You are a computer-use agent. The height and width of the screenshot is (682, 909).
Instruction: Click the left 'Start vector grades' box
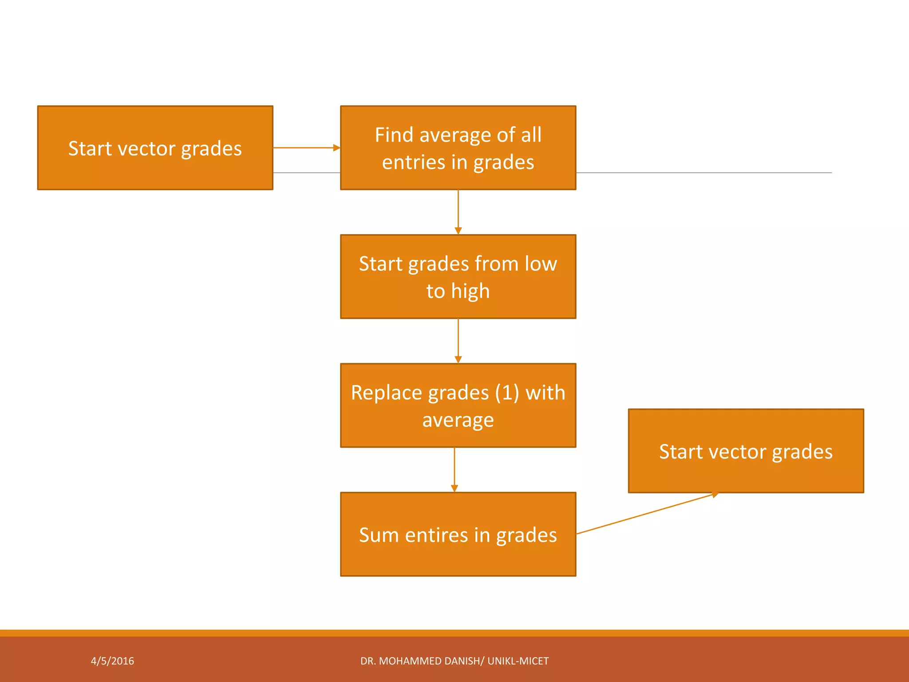[155, 148]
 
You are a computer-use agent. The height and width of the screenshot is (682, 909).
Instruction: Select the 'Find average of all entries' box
[458, 148]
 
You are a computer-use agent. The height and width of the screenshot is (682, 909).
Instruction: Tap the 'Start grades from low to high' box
[458, 277]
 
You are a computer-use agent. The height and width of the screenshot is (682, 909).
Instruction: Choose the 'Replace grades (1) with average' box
[458, 405]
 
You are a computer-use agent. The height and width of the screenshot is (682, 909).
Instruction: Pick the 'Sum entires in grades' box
[458, 534]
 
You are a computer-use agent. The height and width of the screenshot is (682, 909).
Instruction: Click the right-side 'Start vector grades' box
[746, 451]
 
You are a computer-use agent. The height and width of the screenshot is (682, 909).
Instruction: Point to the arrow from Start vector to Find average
[306, 148]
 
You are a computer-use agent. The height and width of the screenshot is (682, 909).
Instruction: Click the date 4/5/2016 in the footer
[112, 661]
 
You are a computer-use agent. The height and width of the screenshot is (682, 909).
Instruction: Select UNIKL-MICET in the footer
[518, 661]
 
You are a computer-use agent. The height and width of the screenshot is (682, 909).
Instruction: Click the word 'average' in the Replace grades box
[458, 420]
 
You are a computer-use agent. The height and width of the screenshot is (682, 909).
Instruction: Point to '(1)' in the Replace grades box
[507, 393]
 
